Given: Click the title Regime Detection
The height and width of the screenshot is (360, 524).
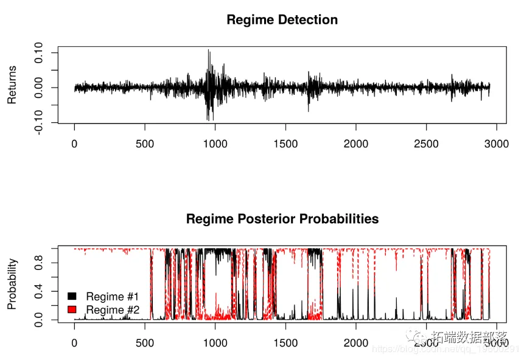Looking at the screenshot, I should coord(282,19).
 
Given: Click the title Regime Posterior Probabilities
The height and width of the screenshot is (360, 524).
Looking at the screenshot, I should coord(282,218).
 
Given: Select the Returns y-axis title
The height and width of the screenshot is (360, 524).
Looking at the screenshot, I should coord(12,85).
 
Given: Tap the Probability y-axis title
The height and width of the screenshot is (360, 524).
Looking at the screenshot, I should coord(12,283).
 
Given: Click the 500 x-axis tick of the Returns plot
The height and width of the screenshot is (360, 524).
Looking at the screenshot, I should coord(145,144).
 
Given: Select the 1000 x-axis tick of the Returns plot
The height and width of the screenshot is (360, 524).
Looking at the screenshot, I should coord(215,144).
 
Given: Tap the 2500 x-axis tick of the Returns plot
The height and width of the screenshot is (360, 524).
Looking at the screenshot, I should coord(426,144).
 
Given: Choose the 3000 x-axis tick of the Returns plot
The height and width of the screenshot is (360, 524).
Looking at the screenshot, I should coord(496,144).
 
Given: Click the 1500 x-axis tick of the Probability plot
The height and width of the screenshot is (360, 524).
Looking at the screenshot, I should coord(285,342).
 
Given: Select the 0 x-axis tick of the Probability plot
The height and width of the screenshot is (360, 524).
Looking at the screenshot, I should coord(75,342).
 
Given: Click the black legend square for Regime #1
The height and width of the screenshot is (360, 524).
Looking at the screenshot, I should coord(72,296).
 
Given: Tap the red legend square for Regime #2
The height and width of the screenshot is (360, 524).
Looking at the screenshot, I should coord(72,310).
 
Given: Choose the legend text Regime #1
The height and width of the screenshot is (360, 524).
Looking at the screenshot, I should coord(113,296).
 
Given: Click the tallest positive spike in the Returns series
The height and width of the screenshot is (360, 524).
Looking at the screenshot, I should coord(208,50).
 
